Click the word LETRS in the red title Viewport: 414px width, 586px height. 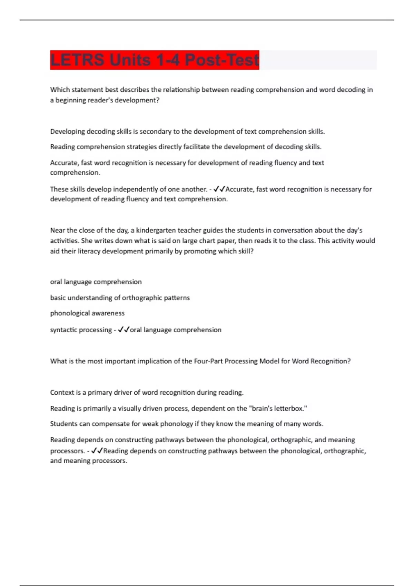76,60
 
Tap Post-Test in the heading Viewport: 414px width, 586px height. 221,60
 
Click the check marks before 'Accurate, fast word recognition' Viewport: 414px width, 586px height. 219,189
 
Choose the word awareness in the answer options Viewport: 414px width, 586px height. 108,313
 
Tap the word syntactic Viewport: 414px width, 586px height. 63,330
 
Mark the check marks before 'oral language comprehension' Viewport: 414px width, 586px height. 124,330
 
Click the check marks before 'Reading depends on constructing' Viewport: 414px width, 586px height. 97,451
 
